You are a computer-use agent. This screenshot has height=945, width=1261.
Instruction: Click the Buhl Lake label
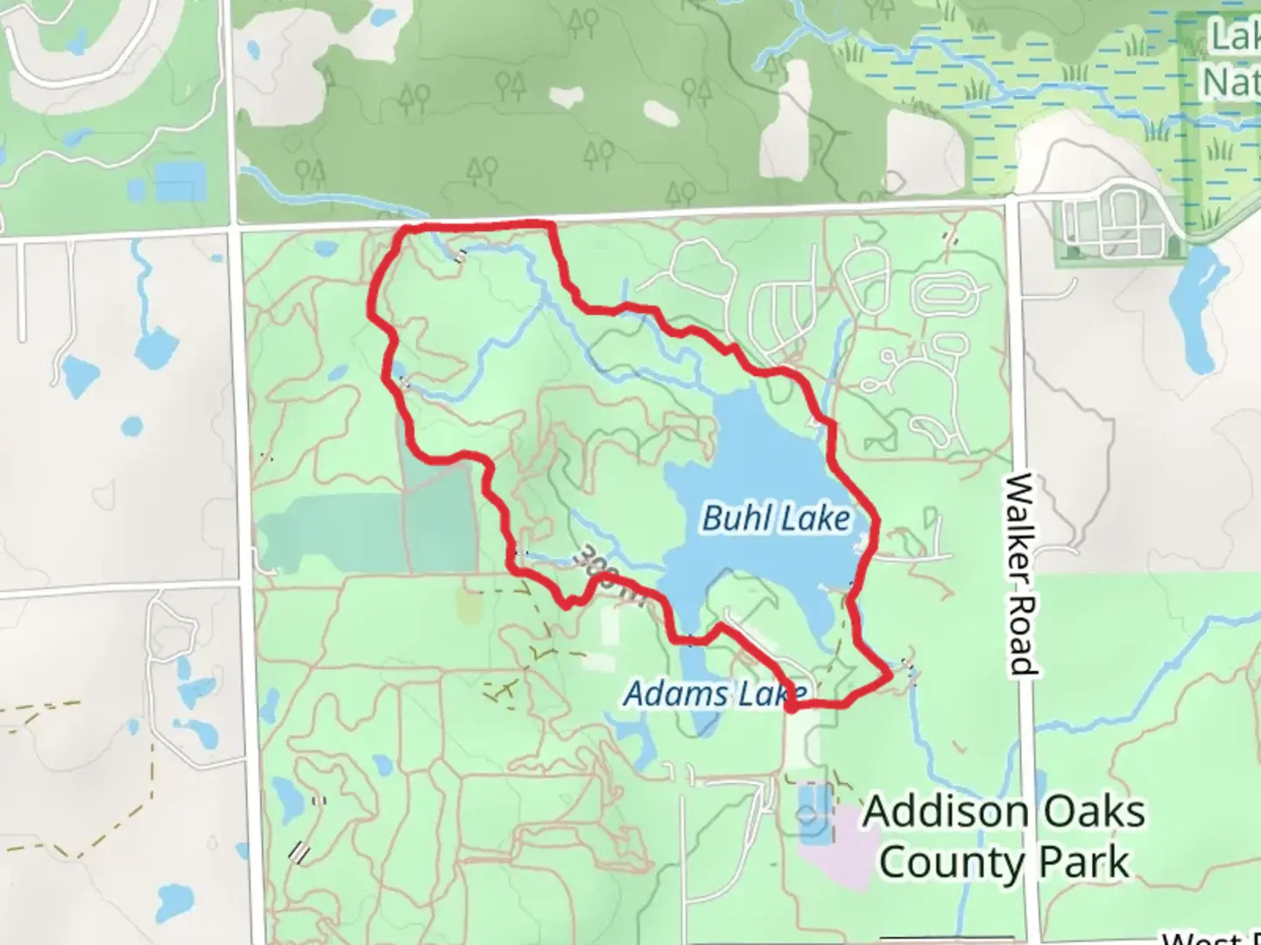point(776,519)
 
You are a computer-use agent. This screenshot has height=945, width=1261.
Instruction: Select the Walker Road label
point(1020,575)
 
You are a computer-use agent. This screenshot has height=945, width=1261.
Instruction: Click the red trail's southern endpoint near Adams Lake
point(791,707)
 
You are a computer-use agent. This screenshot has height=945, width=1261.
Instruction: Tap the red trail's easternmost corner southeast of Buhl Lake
point(890,675)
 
